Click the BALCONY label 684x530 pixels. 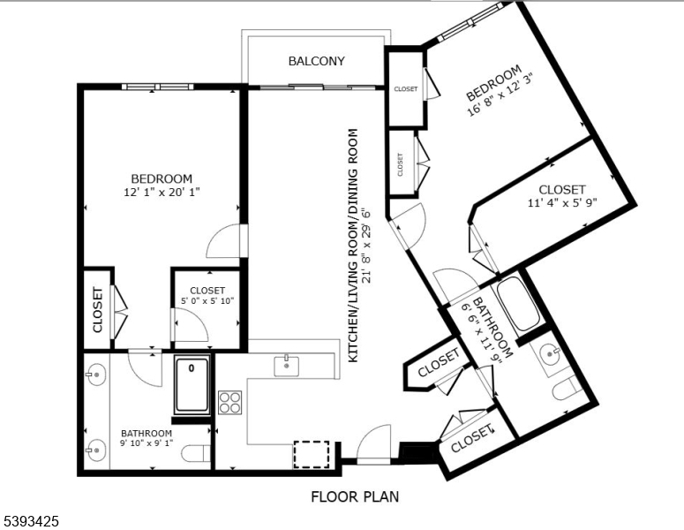click(x=316, y=61)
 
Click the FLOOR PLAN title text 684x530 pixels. click(x=354, y=496)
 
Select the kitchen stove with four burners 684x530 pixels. click(x=229, y=402)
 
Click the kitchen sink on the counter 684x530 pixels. click(x=286, y=365)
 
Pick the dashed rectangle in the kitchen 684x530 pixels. click(x=311, y=454)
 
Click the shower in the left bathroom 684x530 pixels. click(x=192, y=385)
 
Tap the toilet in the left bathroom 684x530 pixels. click(x=199, y=453)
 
